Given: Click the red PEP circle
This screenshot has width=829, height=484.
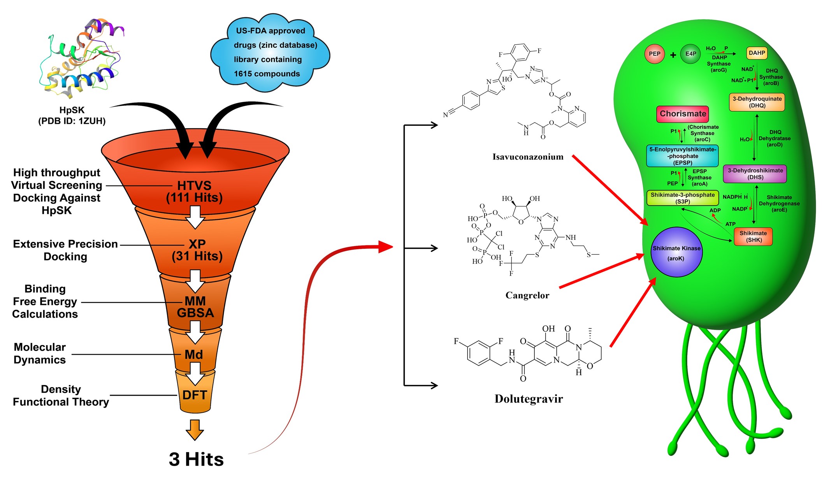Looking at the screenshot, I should click(654, 54).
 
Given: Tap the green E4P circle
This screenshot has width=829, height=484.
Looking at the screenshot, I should click(690, 54).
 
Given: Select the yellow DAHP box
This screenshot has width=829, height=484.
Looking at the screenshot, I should click(757, 53).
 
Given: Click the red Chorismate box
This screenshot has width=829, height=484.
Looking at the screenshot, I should click(683, 114).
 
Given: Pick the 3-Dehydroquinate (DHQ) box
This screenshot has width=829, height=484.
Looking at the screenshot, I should click(757, 102).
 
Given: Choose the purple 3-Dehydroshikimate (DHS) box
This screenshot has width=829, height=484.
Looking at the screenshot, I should click(755, 174).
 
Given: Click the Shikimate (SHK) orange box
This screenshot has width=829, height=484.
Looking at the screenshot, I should click(753, 236).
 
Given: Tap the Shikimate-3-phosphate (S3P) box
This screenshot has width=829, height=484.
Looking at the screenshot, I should click(682, 198).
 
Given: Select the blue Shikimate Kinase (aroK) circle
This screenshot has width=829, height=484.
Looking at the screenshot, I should click(676, 252).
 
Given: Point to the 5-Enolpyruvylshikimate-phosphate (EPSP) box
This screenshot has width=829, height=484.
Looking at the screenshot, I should click(682, 156).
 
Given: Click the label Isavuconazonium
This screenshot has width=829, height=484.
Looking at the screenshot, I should click(528, 157).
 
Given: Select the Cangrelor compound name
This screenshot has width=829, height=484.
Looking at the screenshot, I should click(527, 295).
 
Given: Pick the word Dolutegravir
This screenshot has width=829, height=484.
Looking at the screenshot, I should click(529, 399).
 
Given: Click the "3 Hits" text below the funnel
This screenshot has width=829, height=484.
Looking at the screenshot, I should click(196, 459).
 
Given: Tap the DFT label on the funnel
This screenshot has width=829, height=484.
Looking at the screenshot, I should click(195, 395).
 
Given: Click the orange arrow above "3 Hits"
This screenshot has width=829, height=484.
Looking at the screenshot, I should click(195, 429).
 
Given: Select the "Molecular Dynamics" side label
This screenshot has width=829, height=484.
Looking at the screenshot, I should click(40, 353).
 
